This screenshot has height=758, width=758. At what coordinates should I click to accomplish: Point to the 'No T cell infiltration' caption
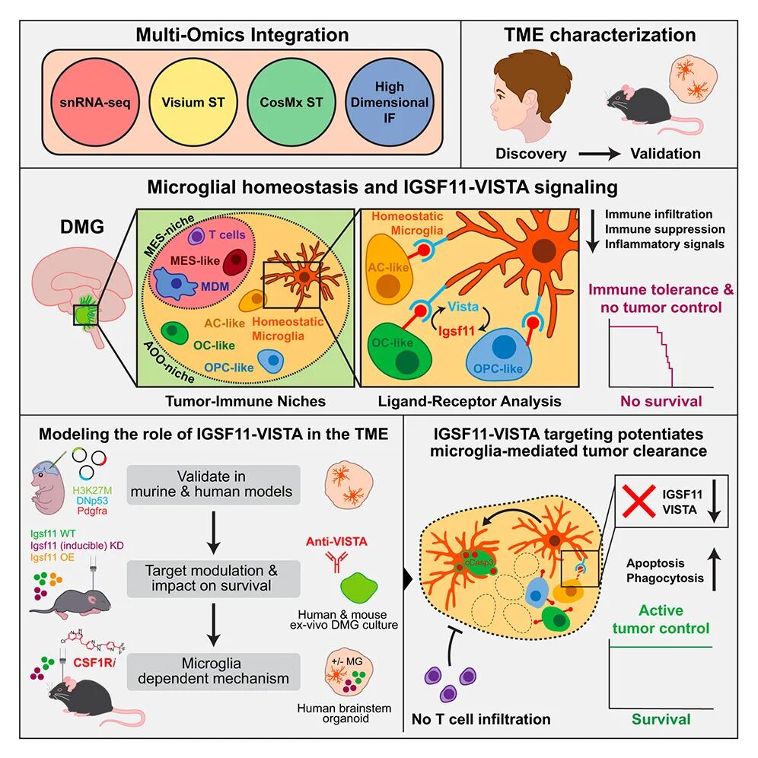[480, 718]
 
